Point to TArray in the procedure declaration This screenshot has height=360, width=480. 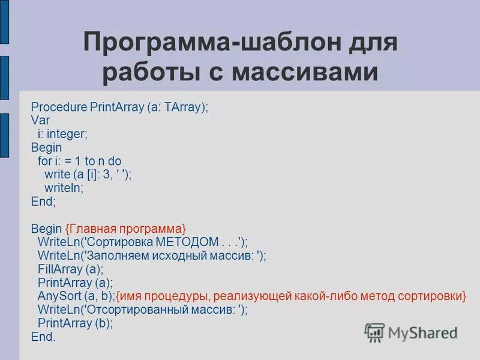point(184,107)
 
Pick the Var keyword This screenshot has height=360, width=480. point(40,121)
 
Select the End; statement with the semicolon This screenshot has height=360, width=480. point(43,201)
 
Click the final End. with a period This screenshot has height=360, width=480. point(43,337)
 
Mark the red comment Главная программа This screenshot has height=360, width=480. point(126,229)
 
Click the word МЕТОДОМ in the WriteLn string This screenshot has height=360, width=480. point(187,242)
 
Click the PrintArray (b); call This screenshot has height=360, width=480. point(75,323)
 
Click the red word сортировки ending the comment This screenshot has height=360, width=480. point(432,296)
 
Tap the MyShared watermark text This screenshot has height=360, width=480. point(423,332)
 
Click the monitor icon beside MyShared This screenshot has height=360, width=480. point(374,332)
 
